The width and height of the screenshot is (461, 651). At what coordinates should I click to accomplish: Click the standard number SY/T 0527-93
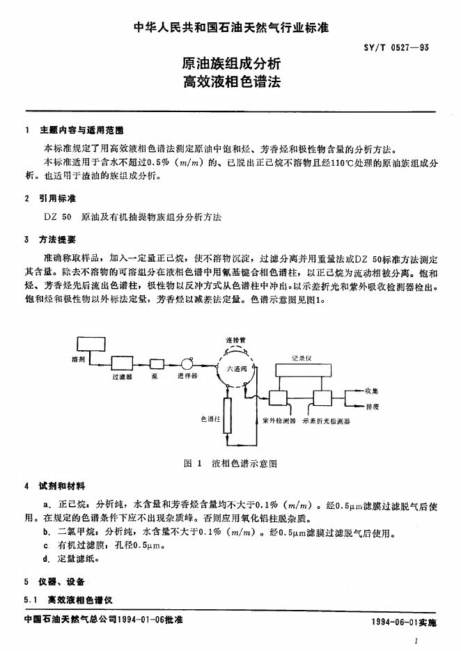coord(405,47)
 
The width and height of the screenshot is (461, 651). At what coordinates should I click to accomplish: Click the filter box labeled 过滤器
coord(122,362)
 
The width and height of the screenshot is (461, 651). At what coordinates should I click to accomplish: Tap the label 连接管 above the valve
coord(235,340)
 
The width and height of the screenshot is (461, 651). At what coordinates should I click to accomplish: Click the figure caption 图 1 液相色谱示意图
coord(230,463)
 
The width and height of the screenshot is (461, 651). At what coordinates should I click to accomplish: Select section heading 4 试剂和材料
coord(48,485)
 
